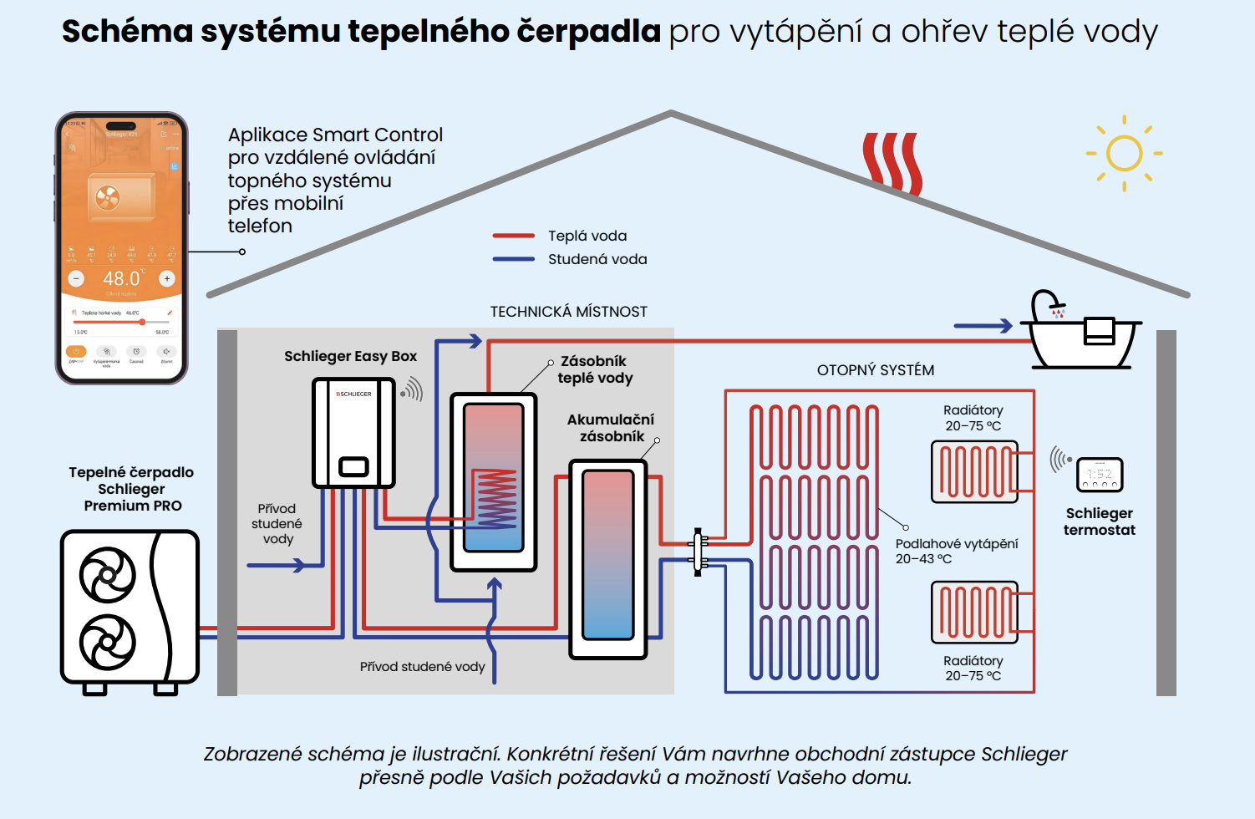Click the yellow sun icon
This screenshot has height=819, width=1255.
(1124, 154)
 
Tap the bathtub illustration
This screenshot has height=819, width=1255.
(1084, 338)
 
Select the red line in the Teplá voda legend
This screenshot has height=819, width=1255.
(513, 236)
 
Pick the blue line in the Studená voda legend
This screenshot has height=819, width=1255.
(513, 259)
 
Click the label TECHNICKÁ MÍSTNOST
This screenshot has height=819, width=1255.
(568, 312)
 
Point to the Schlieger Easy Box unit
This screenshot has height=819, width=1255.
(353, 433)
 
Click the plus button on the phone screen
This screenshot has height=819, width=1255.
(167, 278)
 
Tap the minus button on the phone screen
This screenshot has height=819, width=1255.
(76, 278)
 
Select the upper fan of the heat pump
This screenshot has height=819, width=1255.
(108, 575)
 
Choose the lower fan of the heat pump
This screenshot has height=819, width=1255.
(108, 642)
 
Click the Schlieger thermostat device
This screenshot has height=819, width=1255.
(1100, 475)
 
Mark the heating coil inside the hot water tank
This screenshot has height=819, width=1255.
(497, 498)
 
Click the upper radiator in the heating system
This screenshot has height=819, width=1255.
(974, 471)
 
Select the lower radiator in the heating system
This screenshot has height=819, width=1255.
(974, 612)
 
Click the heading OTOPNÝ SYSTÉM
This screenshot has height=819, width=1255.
(875, 370)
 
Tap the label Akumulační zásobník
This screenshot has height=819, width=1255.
(611, 427)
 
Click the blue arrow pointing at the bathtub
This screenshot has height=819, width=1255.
(983, 326)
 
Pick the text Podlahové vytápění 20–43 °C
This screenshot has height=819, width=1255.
(957, 551)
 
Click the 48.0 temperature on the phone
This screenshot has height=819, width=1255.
(122, 278)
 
